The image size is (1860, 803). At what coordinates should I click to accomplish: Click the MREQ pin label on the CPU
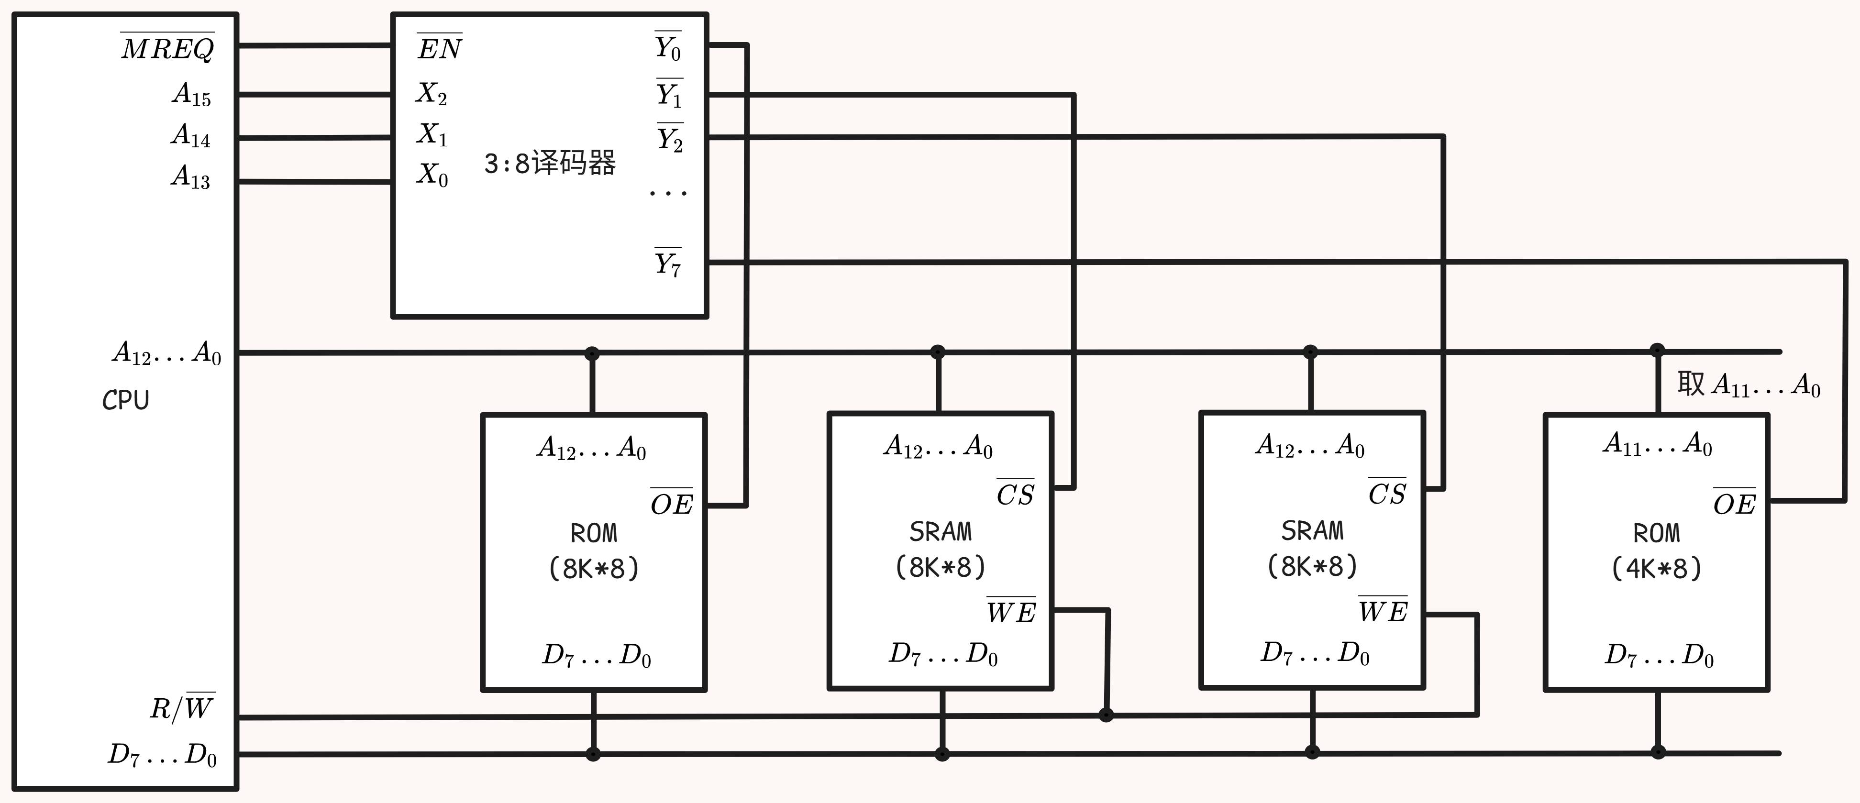pyautogui.click(x=167, y=48)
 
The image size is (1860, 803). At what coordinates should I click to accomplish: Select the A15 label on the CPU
pyautogui.click(x=191, y=94)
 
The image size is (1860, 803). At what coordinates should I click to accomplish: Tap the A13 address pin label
pyautogui.click(x=190, y=176)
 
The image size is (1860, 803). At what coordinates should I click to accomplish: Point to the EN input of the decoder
pyautogui.click(x=440, y=48)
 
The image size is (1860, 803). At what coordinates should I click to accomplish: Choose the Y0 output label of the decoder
pyautogui.click(x=668, y=48)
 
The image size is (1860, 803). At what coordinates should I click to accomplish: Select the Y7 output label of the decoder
pyautogui.click(x=668, y=264)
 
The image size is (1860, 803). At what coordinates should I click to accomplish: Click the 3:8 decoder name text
pyautogui.click(x=550, y=163)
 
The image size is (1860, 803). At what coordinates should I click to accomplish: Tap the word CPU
pyautogui.click(x=126, y=400)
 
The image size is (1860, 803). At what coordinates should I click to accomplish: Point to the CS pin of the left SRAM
pyautogui.click(x=1015, y=495)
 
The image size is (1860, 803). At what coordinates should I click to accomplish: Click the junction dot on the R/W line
pyautogui.click(x=1106, y=715)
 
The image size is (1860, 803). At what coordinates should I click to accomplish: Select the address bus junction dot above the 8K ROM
pyautogui.click(x=592, y=353)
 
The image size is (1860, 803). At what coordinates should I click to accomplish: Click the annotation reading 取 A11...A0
pyautogui.click(x=1748, y=385)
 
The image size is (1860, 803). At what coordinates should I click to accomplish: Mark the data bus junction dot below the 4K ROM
pyautogui.click(x=1658, y=752)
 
